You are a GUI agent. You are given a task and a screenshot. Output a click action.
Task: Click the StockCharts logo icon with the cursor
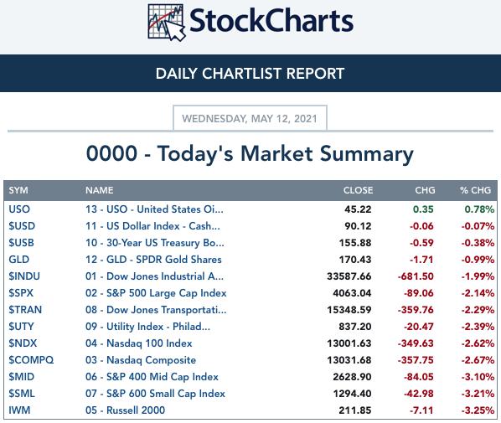pyautogui.click(x=167, y=23)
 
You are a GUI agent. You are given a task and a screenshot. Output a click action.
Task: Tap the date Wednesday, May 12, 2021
pyautogui.click(x=250, y=119)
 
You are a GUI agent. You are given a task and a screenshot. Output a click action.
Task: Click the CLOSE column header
pyautogui.click(x=358, y=190)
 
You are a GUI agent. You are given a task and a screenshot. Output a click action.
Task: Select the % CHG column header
pyautogui.click(x=475, y=190)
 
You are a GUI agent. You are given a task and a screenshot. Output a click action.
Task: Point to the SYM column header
pyautogui.click(x=18, y=190)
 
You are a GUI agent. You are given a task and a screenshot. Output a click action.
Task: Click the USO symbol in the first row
pyautogui.click(x=19, y=209)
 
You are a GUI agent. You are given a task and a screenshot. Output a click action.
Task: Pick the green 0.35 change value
pyautogui.click(x=423, y=209)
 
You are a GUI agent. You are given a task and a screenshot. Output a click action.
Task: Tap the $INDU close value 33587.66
pyautogui.click(x=349, y=276)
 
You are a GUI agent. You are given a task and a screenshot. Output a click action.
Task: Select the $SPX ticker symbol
pyautogui.click(x=21, y=293)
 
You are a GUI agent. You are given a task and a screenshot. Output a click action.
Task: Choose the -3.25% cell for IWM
pyautogui.click(x=478, y=410)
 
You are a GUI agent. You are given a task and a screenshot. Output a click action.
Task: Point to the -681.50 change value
pyautogui.click(x=416, y=276)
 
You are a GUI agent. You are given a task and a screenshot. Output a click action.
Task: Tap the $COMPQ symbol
pyautogui.click(x=31, y=360)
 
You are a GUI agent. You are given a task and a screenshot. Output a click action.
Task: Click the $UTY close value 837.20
pyautogui.click(x=355, y=327)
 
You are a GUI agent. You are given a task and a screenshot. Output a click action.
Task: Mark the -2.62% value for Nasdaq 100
pyautogui.click(x=478, y=343)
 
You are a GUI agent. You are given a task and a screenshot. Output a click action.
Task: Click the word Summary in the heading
pyautogui.click(x=367, y=154)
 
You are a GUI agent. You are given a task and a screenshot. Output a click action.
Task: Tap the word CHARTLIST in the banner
pyautogui.click(x=242, y=74)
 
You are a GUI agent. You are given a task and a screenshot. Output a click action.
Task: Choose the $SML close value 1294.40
pyautogui.click(x=352, y=394)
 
